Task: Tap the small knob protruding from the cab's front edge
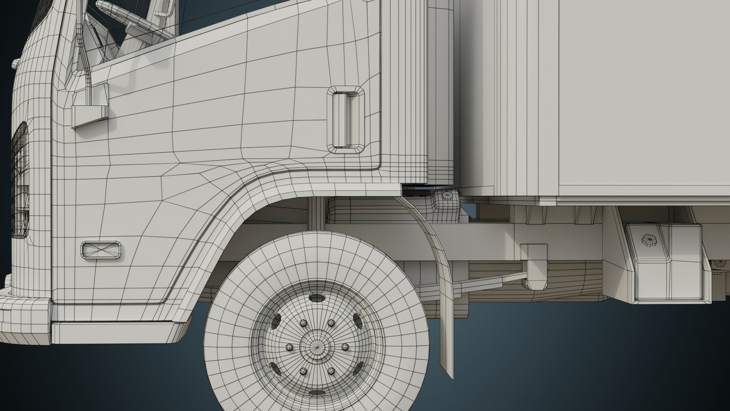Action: (x=15, y=64)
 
